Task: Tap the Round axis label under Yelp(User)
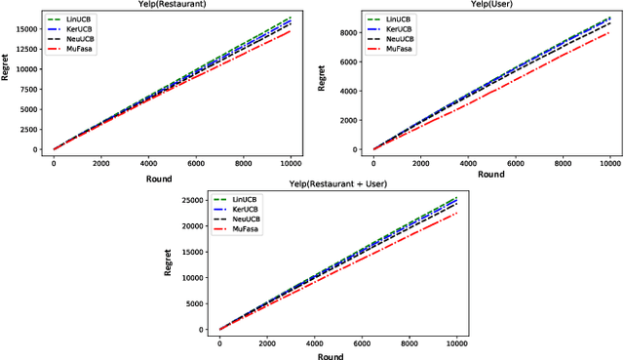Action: point(491,175)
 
